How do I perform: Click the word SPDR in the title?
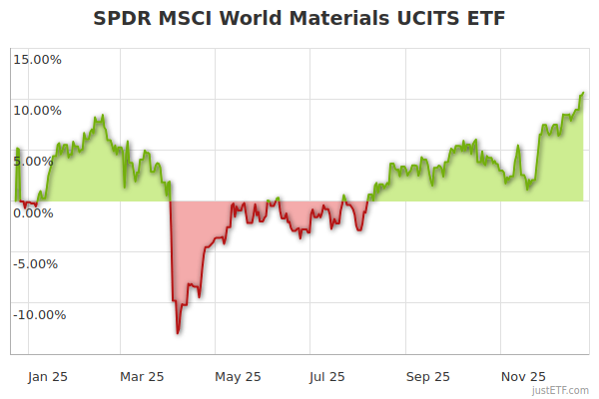point(123,19)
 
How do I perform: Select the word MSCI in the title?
point(188,19)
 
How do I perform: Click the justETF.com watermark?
point(561,391)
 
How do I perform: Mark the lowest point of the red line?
point(178,333)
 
